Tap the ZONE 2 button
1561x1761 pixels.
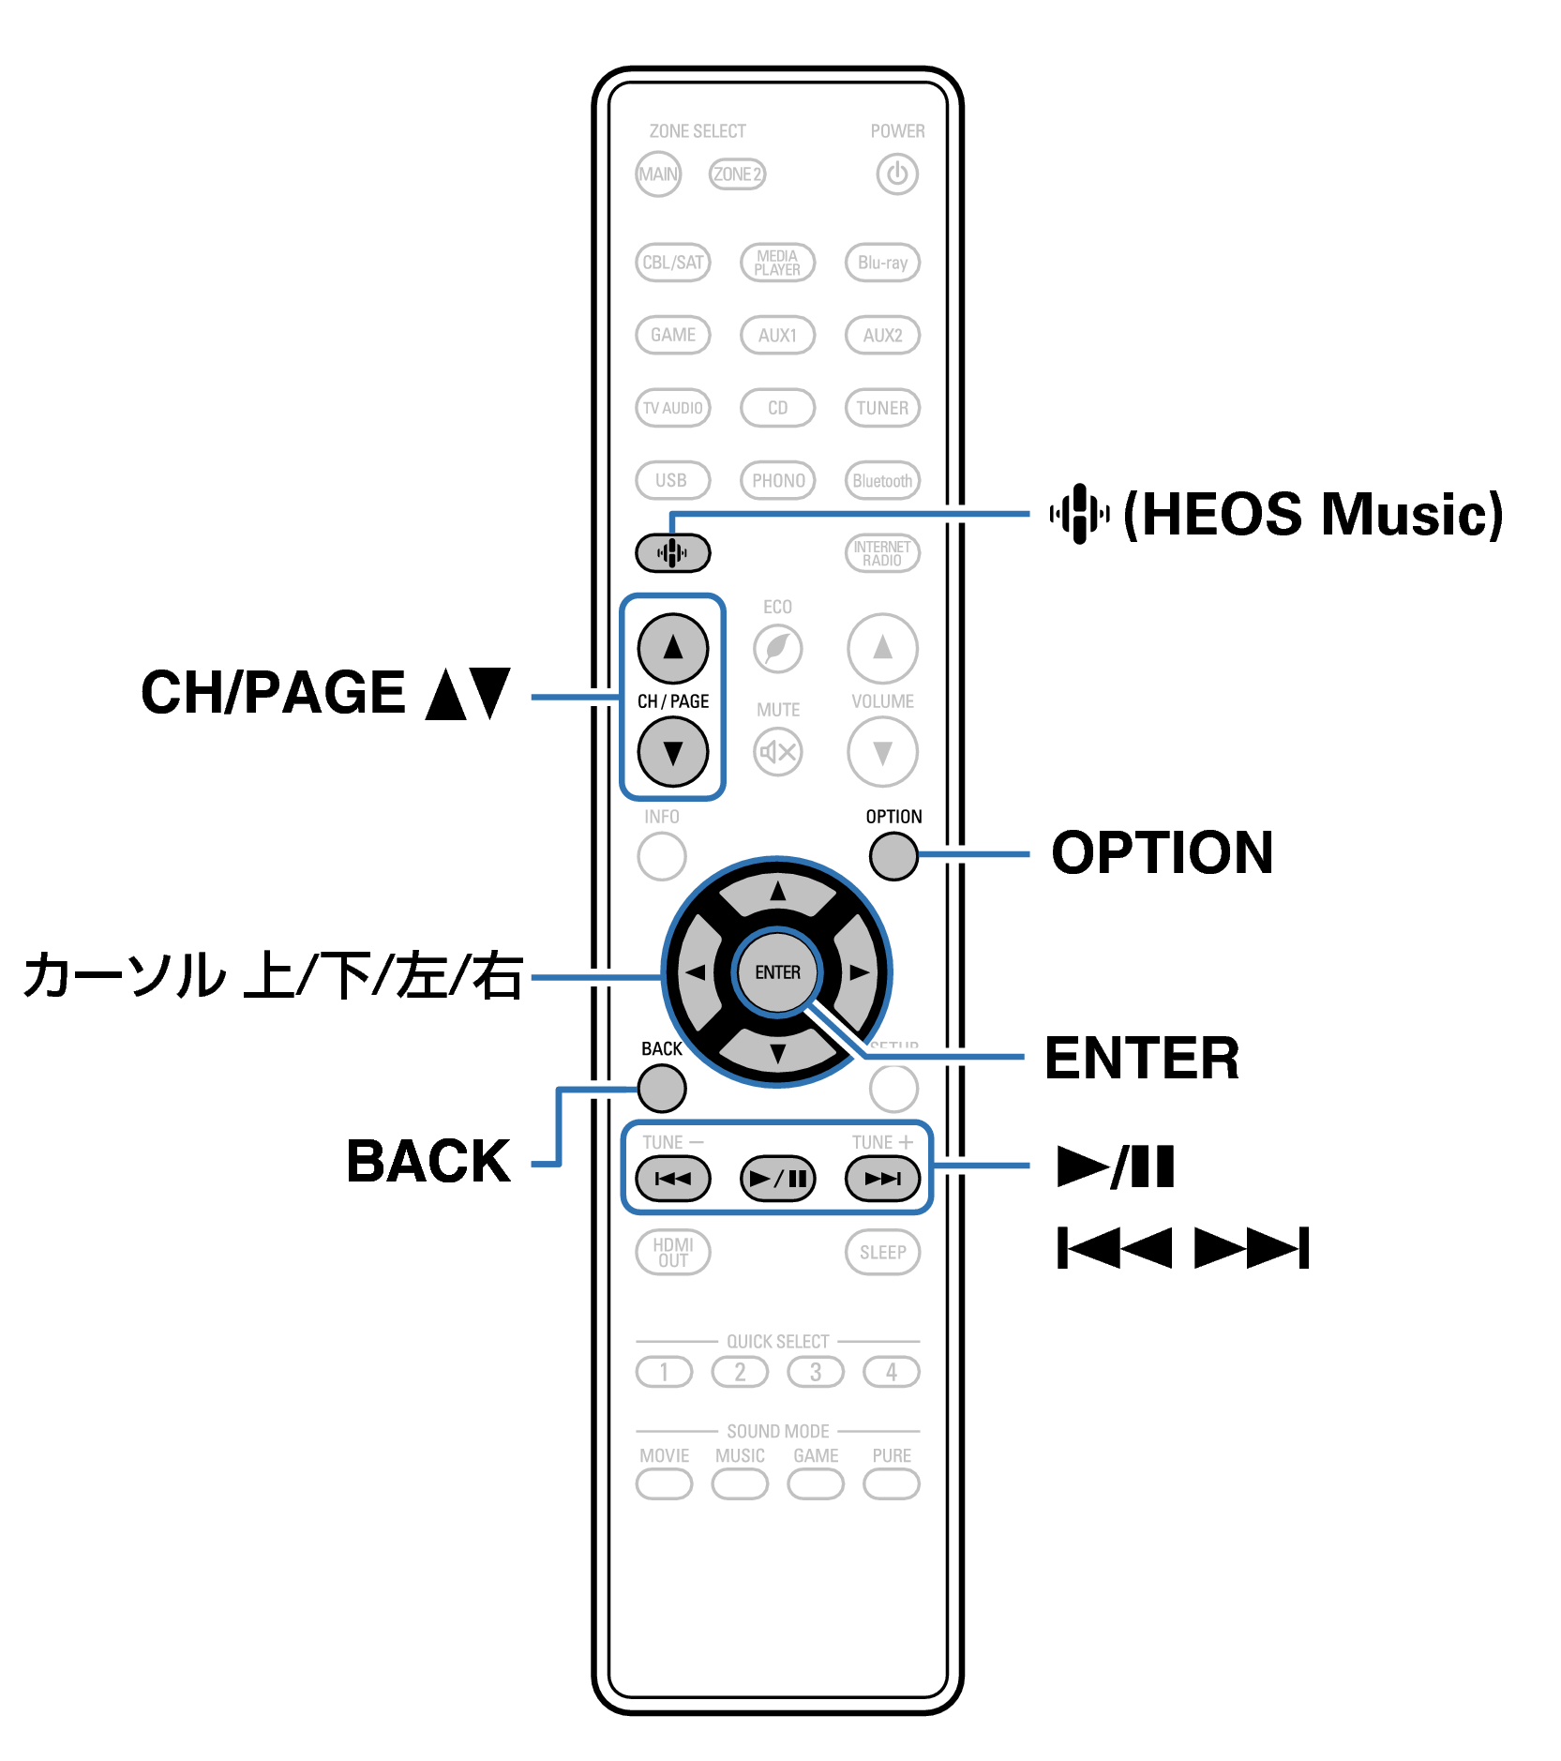tap(737, 174)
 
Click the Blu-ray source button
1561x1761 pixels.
tap(882, 263)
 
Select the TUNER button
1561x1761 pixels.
tap(882, 408)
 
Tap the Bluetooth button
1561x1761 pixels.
tap(882, 481)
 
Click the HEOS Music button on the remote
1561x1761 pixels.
tap(672, 552)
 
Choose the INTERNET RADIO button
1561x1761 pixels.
tap(882, 553)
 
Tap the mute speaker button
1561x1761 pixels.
tap(777, 751)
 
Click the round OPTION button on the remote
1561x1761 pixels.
tap(893, 855)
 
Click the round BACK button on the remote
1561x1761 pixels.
tap(662, 1089)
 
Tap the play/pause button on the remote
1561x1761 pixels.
tap(777, 1179)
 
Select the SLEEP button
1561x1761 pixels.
tap(882, 1253)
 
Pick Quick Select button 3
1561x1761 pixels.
tap(816, 1372)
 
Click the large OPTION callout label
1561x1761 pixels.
tap(1162, 853)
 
